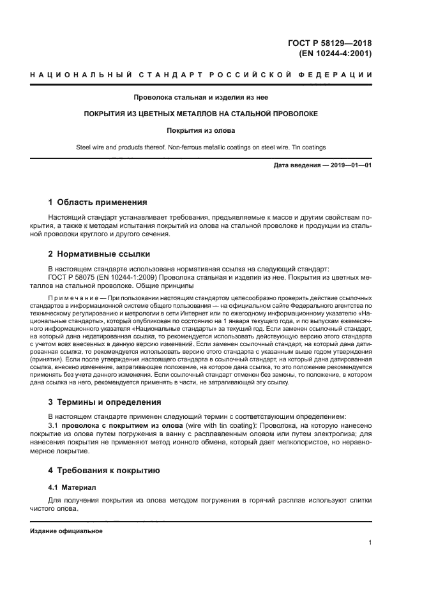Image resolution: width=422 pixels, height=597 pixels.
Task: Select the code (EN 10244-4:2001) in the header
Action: pyautogui.click(x=335, y=54)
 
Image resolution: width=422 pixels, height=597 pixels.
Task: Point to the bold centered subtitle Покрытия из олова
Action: pyautogui.click(x=201, y=130)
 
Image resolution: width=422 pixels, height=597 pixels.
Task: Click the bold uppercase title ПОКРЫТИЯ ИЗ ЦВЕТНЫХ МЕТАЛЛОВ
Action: pyautogui.click(x=201, y=114)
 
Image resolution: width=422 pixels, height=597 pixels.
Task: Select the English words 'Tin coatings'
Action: pyautogui.click(x=306, y=147)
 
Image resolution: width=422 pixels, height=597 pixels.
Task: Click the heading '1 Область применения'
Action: pyautogui.click(x=98, y=202)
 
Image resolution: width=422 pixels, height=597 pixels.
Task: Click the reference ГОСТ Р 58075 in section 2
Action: pyautogui.click(x=72, y=278)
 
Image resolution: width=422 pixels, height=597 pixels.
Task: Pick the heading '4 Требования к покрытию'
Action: pyautogui.click(x=104, y=471)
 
